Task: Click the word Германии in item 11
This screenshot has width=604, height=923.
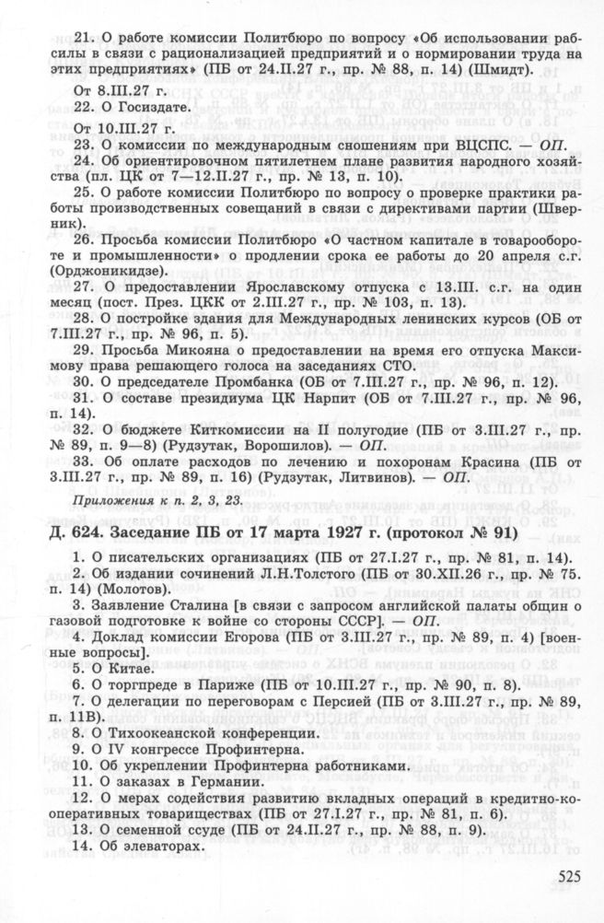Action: point(212,785)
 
